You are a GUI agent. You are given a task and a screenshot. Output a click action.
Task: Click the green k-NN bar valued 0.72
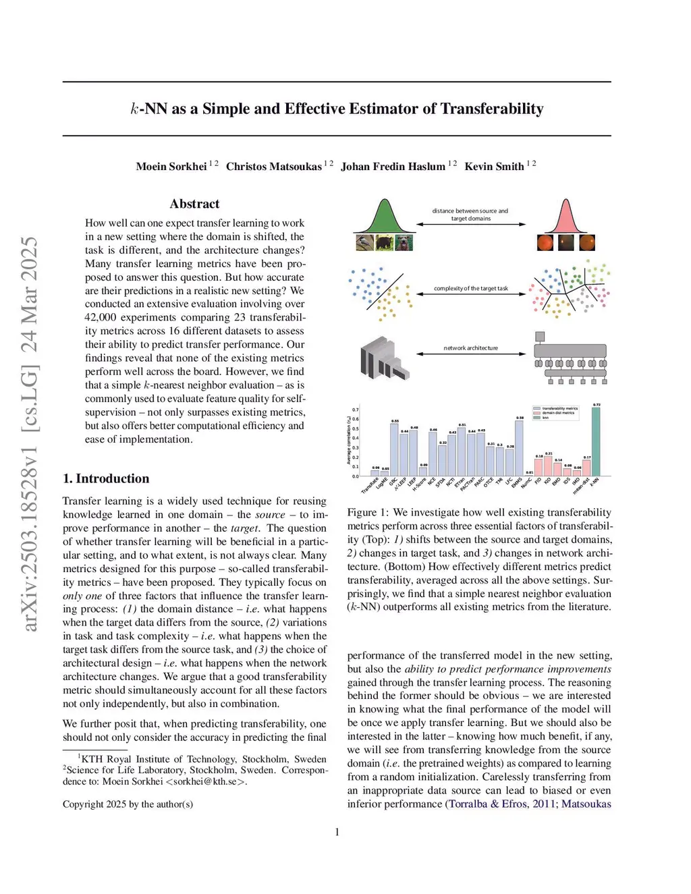pyautogui.click(x=596, y=442)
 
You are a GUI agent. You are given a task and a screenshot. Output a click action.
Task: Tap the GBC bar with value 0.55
pyautogui.click(x=394, y=449)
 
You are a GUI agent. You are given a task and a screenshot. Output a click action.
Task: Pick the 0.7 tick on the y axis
pyautogui.click(x=356, y=410)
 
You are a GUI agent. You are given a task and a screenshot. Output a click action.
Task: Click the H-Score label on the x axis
pyautogui.click(x=419, y=484)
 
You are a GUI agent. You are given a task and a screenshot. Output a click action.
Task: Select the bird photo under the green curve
pyautogui.click(x=364, y=242)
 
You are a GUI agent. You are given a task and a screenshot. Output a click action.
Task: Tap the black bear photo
pyautogui.click(x=385, y=242)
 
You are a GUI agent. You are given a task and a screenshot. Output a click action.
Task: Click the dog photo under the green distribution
pyautogui.click(x=404, y=242)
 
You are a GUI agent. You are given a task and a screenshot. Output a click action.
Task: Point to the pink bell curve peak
pyautogui.click(x=565, y=202)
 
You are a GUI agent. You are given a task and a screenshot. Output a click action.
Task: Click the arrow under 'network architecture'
pyautogui.click(x=470, y=354)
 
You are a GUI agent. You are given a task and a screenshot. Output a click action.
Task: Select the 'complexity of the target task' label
pyautogui.click(x=470, y=288)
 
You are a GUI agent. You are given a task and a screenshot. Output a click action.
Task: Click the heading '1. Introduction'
pyautogui.click(x=106, y=478)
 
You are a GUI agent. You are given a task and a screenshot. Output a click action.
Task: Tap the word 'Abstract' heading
pyautogui.click(x=194, y=204)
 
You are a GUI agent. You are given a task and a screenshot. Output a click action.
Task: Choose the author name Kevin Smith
pyautogui.click(x=494, y=167)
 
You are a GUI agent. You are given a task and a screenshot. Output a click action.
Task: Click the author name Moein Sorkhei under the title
pyautogui.click(x=171, y=167)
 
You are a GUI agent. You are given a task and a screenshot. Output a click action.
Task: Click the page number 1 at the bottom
pyautogui.click(x=337, y=832)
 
